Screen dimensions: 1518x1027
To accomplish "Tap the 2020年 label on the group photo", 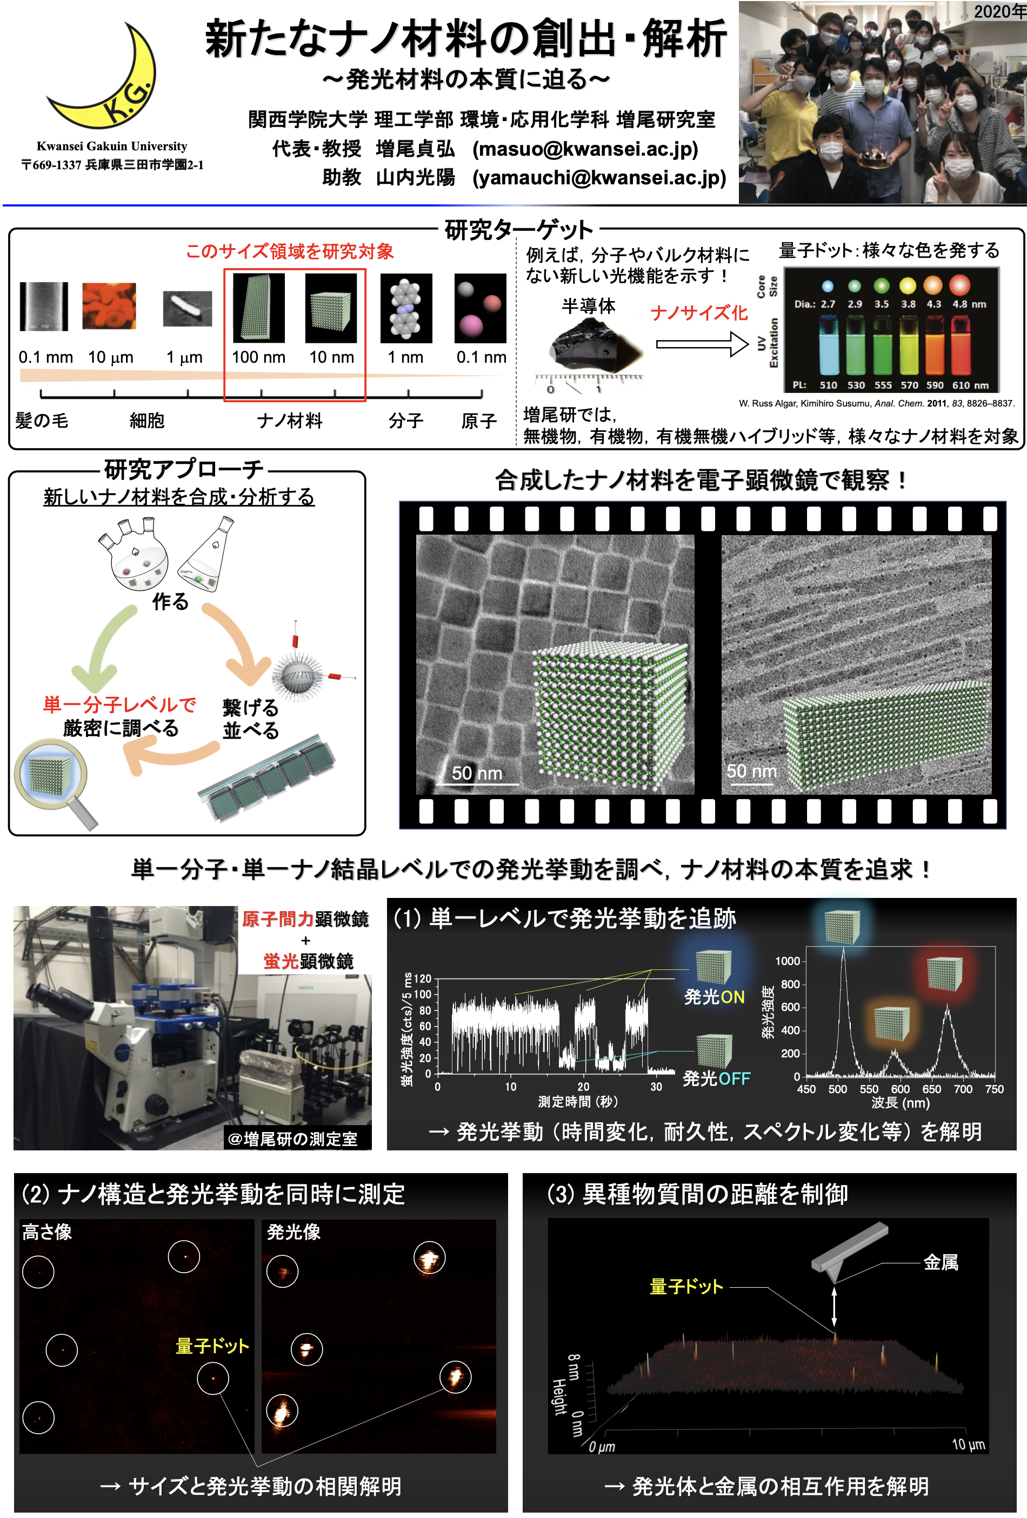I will coord(998,11).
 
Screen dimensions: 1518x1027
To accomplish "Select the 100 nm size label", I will coord(258,357).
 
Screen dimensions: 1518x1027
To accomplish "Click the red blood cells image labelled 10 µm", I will coord(109,305).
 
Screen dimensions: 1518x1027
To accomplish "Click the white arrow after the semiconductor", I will coord(702,344).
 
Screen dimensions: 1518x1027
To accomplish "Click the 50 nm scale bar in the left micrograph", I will coord(477,775).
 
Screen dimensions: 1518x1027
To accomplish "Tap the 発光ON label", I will coord(713,997).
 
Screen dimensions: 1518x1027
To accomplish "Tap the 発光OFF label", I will coord(716,1078).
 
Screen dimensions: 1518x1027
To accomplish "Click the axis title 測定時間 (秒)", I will coord(578,1102).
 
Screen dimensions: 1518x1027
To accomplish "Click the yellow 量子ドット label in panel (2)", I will coord(212,1346).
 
